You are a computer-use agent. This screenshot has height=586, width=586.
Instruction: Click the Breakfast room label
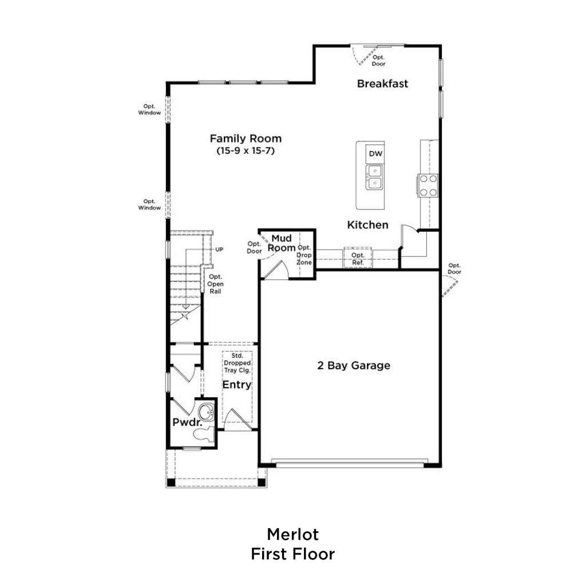pos(382,84)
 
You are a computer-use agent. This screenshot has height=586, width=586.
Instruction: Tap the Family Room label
pos(246,138)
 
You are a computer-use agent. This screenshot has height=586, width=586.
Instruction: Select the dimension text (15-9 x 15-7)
pos(246,151)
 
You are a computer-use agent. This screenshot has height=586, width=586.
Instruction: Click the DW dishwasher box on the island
pos(375,153)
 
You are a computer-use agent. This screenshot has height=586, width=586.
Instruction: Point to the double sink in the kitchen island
pos(374,177)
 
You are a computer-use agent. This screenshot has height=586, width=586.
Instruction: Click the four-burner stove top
pos(428,185)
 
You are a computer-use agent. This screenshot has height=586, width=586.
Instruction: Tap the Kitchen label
pos(368,224)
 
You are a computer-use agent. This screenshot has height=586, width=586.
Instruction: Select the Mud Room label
pos(282,243)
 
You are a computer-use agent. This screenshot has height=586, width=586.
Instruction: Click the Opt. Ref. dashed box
pos(358,258)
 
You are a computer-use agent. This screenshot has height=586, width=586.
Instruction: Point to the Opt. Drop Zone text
pos(304,255)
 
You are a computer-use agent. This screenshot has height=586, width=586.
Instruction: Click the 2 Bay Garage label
pos(354,365)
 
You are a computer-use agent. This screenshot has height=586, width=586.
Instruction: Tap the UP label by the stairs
pos(219,250)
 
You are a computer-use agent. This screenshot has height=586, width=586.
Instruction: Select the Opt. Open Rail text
pos(215,284)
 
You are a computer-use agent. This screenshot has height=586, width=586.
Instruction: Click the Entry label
pos(236,385)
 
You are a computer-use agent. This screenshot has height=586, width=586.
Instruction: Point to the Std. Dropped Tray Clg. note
pos(237,363)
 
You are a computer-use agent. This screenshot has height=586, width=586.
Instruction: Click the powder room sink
pos(206,412)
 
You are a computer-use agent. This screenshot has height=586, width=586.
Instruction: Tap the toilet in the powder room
pos(204,434)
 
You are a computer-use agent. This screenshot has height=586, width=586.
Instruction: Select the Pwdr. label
pos(187,422)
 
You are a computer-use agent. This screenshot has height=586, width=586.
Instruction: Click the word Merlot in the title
pos(292,534)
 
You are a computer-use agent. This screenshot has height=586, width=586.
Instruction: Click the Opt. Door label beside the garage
pos(454,269)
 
